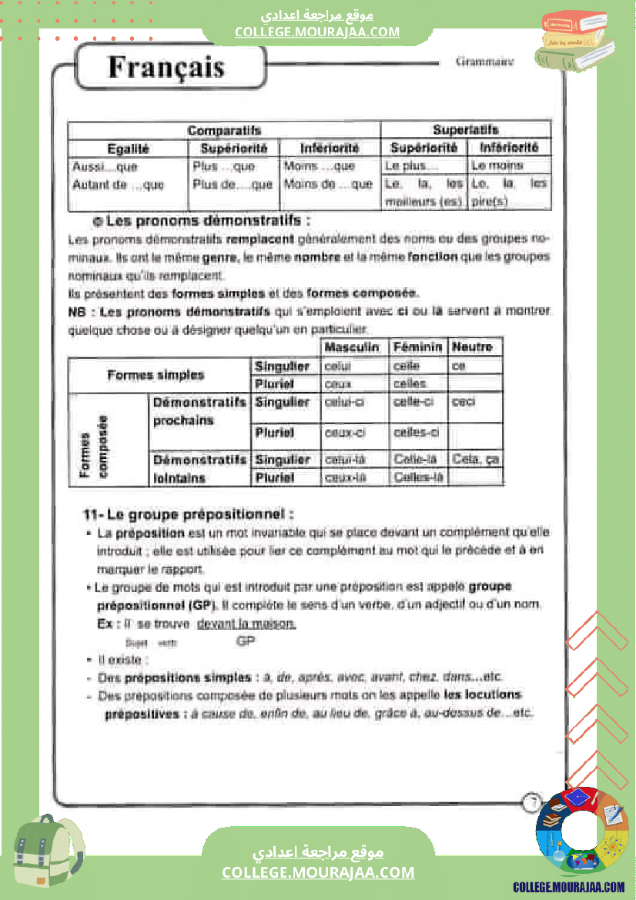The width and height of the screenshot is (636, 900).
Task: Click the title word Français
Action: pos(166,68)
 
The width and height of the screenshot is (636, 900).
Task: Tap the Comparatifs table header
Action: pos(224,130)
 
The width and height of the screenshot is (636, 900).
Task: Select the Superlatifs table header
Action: pos(465,129)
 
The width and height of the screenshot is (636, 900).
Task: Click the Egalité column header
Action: pos(128,148)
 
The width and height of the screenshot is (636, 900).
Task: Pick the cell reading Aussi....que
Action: pos(105,166)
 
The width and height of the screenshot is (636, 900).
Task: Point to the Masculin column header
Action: pos(352,347)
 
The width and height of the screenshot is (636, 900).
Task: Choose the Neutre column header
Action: pos(472,347)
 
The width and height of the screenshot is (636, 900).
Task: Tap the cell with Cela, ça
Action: pos(476,460)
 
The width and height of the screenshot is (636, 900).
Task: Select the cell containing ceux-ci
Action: pos(344,433)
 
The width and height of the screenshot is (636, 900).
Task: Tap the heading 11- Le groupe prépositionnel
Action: pos(189,514)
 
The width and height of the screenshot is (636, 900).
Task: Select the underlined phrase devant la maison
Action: pos(246,624)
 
